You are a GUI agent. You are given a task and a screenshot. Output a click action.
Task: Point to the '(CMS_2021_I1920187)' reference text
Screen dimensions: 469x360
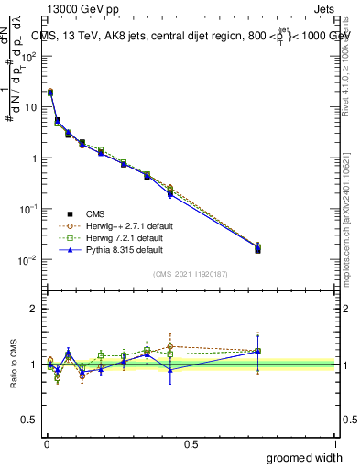[191, 272]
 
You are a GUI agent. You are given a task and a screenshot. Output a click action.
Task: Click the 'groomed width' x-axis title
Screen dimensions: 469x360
[306, 457]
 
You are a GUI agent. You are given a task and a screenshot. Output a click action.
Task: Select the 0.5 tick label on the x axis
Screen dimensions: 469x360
[191, 444]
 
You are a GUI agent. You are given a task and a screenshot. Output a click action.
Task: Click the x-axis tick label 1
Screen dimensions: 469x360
[335, 444]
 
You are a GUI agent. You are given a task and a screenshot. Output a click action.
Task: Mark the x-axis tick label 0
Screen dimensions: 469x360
[47, 444]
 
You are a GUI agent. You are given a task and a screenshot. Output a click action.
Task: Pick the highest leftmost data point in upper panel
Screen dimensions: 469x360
[49, 92]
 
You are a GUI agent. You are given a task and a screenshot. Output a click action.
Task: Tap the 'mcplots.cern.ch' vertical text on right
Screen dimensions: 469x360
[352, 229]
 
